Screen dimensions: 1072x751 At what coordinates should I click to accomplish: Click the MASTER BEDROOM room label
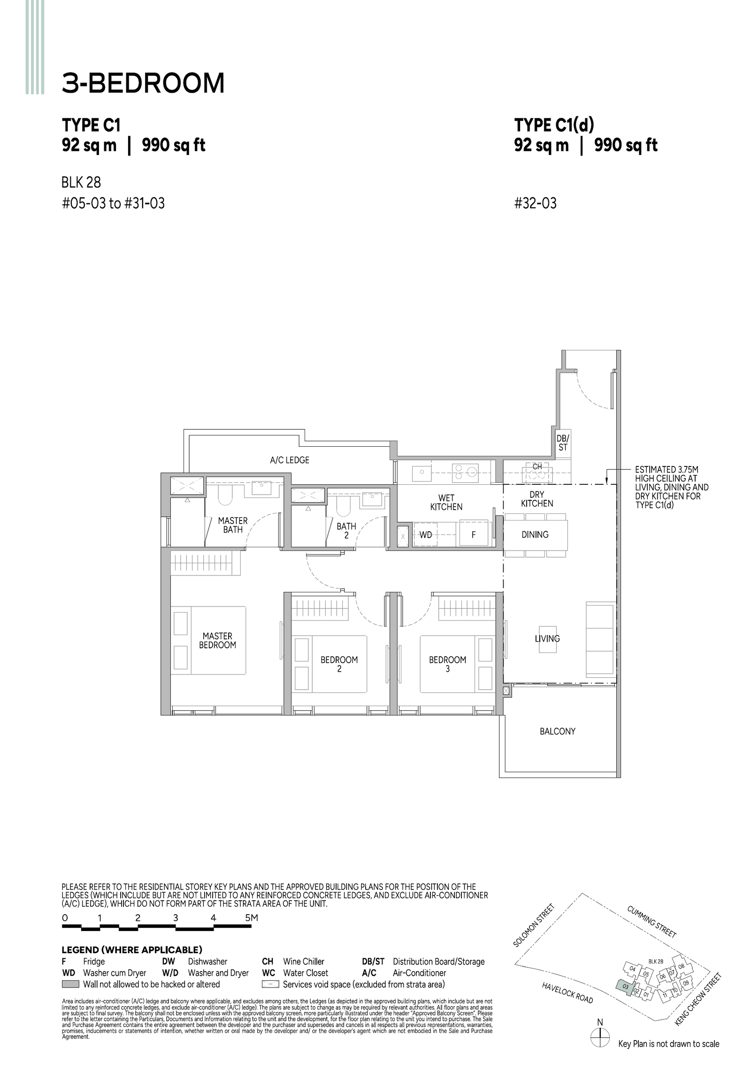(217, 640)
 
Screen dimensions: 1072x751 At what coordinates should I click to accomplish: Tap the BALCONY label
(557, 731)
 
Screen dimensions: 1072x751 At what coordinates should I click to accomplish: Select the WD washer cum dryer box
(425, 535)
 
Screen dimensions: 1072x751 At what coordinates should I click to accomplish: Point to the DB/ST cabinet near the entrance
(562, 443)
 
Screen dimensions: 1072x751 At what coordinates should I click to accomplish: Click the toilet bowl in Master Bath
(225, 495)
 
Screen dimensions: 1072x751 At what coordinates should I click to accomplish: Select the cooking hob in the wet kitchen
(465, 473)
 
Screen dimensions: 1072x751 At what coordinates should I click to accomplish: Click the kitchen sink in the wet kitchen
(421, 473)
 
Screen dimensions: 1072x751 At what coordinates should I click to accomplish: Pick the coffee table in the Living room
(547, 639)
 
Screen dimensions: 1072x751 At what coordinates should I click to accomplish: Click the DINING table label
(535, 534)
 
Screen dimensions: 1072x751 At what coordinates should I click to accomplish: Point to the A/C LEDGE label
(289, 460)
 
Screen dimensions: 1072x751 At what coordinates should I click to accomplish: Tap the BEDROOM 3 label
(447, 664)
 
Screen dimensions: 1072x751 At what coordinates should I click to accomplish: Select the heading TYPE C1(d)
(554, 125)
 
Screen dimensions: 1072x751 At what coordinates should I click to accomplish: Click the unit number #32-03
(535, 203)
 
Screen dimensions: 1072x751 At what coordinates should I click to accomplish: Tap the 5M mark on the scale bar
(251, 917)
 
